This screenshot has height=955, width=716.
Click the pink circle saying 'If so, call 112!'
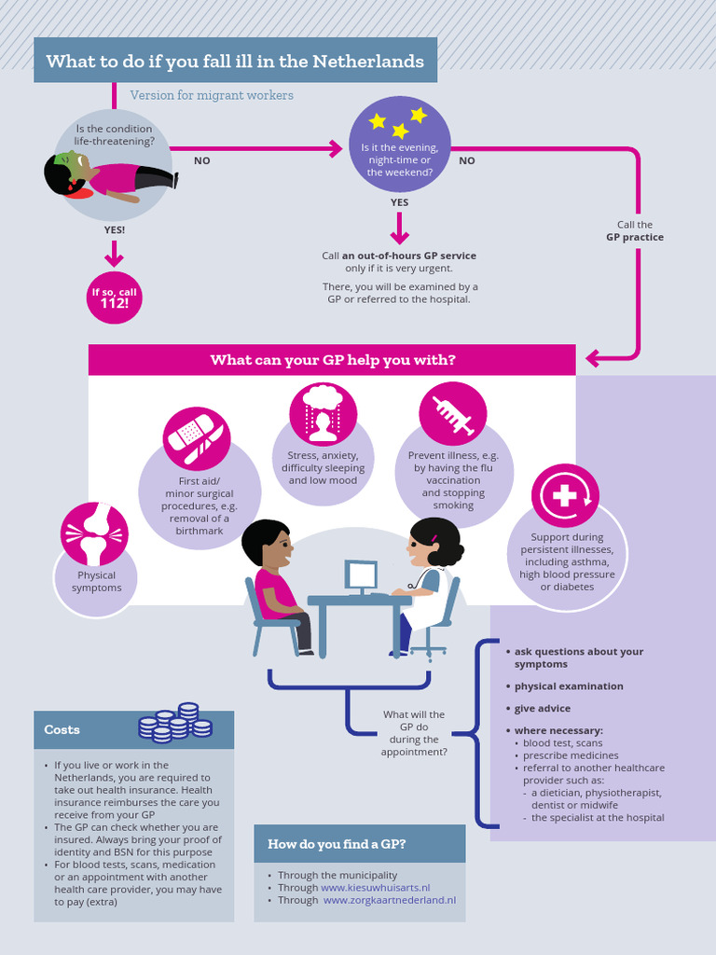pos(114,298)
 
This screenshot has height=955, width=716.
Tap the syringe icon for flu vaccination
pos(452,413)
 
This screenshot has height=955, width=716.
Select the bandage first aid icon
pos(196,437)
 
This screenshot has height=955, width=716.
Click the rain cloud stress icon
pos(323,412)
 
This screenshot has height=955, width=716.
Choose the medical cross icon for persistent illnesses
pos(565,496)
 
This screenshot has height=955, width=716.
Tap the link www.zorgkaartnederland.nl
pos(389,900)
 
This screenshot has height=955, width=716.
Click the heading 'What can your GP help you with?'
pos(332,360)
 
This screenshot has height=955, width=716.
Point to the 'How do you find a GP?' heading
pos(337,844)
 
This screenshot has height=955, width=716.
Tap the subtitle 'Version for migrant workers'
pos(212,95)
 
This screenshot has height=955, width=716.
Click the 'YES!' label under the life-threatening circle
pos(114,229)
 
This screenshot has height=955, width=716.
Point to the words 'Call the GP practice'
pos(635,231)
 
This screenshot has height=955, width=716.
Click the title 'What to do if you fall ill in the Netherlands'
pos(235,62)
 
